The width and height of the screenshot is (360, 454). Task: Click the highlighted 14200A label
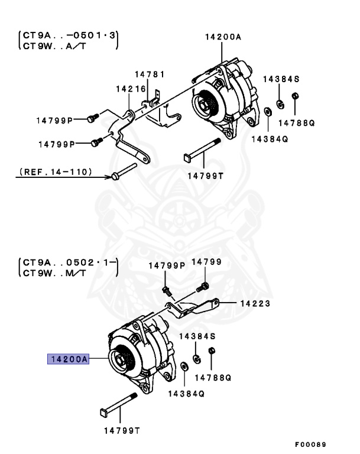(69, 359)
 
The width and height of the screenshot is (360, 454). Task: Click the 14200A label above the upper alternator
(223, 37)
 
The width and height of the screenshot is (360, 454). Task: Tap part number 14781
(150, 74)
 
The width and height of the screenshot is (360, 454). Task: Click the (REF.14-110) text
(56, 172)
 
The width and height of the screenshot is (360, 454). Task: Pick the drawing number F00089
(310, 444)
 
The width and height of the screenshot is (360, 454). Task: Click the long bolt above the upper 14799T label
(202, 149)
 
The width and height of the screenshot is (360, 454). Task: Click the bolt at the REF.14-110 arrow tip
(116, 176)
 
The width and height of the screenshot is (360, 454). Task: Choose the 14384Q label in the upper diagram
(269, 140)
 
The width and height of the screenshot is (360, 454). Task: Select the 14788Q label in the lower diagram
(213, 377)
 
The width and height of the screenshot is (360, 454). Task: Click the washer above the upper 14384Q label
(267, 111)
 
